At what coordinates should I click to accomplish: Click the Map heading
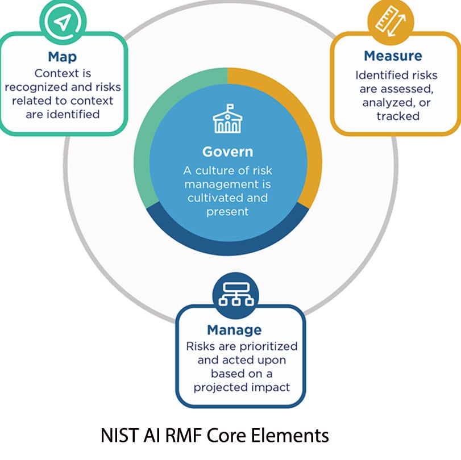pos(63,58)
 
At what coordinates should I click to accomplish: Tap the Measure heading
pos(393,56)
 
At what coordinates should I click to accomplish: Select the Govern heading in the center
pos(227,152)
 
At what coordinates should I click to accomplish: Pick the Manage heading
pos(234,330)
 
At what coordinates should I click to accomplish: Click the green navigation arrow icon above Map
pos(63,22)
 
